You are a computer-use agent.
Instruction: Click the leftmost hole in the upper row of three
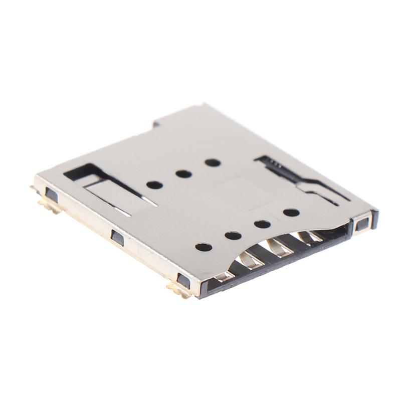point(154,185)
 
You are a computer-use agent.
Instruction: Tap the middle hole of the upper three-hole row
point(183,174)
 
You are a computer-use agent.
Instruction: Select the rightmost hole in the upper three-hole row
point(213,163)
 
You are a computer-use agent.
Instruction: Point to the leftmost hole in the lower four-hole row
point(204,247)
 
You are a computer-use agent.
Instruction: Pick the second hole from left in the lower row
point(233,235)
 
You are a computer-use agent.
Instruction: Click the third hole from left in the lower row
point(262,224)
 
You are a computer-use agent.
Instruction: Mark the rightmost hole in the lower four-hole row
point(291,213)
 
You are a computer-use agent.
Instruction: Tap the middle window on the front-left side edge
point(117,237)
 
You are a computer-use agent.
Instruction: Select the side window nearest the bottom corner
point(184,281)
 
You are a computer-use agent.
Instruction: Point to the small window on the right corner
point(362,224)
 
